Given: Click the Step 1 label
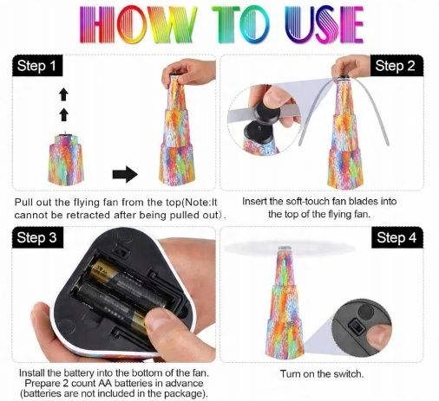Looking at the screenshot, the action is click(37, 66).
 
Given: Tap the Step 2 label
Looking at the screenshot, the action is click(396, 66).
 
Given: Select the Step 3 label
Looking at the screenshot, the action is click(37, 237).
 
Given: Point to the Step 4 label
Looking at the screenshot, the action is click(396, 237).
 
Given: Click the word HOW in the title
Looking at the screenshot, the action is click(138, 24).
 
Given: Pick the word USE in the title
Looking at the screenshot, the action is click(324, 24).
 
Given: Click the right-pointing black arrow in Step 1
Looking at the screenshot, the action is click(125, 174).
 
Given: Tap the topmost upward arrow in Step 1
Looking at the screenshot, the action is click(63, 94).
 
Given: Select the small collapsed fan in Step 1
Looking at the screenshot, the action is click(66, 159).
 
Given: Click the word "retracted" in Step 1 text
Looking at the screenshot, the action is click(88, 215).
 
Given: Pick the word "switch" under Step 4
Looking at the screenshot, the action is click(348, 374).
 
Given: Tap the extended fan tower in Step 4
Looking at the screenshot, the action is click(285, 302).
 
